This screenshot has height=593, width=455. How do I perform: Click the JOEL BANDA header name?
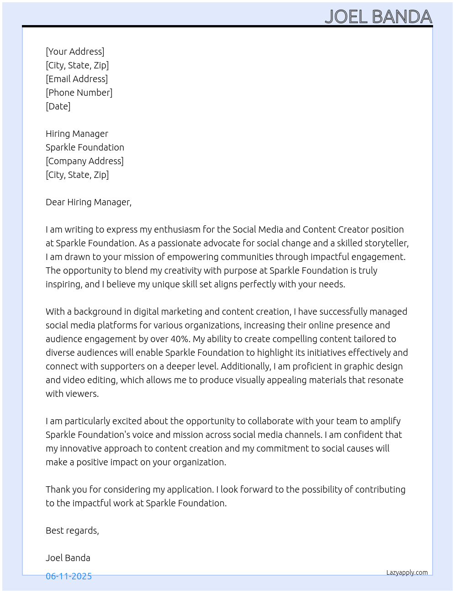(378, 17)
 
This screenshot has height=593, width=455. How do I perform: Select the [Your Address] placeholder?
(75, 52)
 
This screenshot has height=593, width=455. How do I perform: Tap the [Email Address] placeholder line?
(77, 79)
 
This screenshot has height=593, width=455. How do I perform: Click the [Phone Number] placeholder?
(79, 93)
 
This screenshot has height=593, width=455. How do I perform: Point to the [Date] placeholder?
(58, 106)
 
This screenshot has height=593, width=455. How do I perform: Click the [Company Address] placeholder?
(85, 161)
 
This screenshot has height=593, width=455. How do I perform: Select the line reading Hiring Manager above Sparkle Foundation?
(77, 134)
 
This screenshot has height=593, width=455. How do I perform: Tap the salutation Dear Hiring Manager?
(89, 202)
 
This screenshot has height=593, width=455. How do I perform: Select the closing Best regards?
(72, 531)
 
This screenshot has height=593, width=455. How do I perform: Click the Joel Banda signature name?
(68, 558)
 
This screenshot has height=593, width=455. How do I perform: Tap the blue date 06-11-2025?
(69, 576)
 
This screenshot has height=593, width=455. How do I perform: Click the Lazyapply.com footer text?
(407, 572)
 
